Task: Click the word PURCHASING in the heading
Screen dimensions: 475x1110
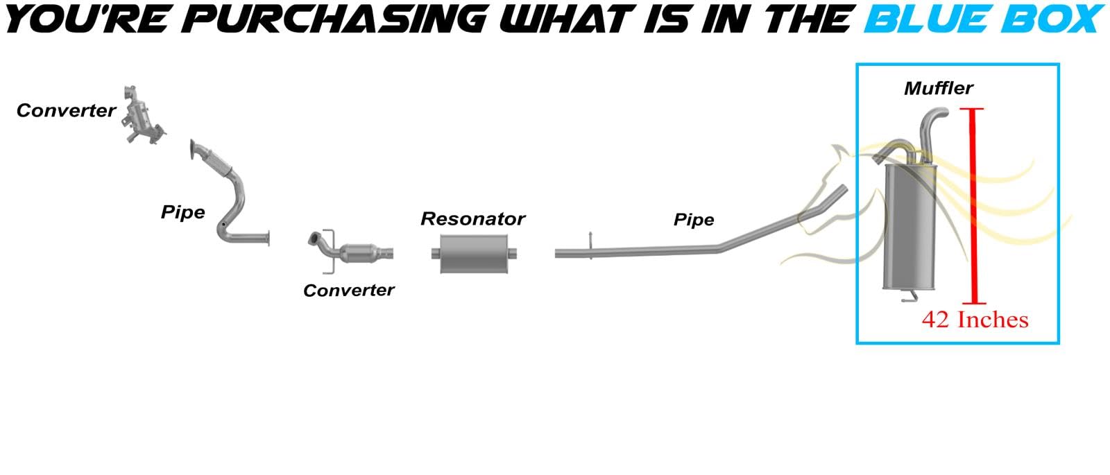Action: point(337,19)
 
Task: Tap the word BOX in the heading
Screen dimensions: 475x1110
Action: point(1050,19)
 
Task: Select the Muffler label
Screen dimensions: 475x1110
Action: point(938,88)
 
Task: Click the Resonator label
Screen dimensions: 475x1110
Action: point(472,219)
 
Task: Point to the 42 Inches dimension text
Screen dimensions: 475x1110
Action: point(975,320)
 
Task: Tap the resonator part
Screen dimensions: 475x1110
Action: point(474,253)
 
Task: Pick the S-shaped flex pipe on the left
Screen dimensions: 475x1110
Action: point(225,194)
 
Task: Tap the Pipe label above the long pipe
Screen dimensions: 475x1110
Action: point(693,220)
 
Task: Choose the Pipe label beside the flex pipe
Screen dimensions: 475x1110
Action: point(182,212)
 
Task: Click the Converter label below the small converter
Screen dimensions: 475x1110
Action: point(348,291)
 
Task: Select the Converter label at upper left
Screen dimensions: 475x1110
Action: point(66,111)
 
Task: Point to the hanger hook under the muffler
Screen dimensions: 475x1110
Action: point(908,297)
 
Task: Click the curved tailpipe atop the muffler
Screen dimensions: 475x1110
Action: point(930,125)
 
